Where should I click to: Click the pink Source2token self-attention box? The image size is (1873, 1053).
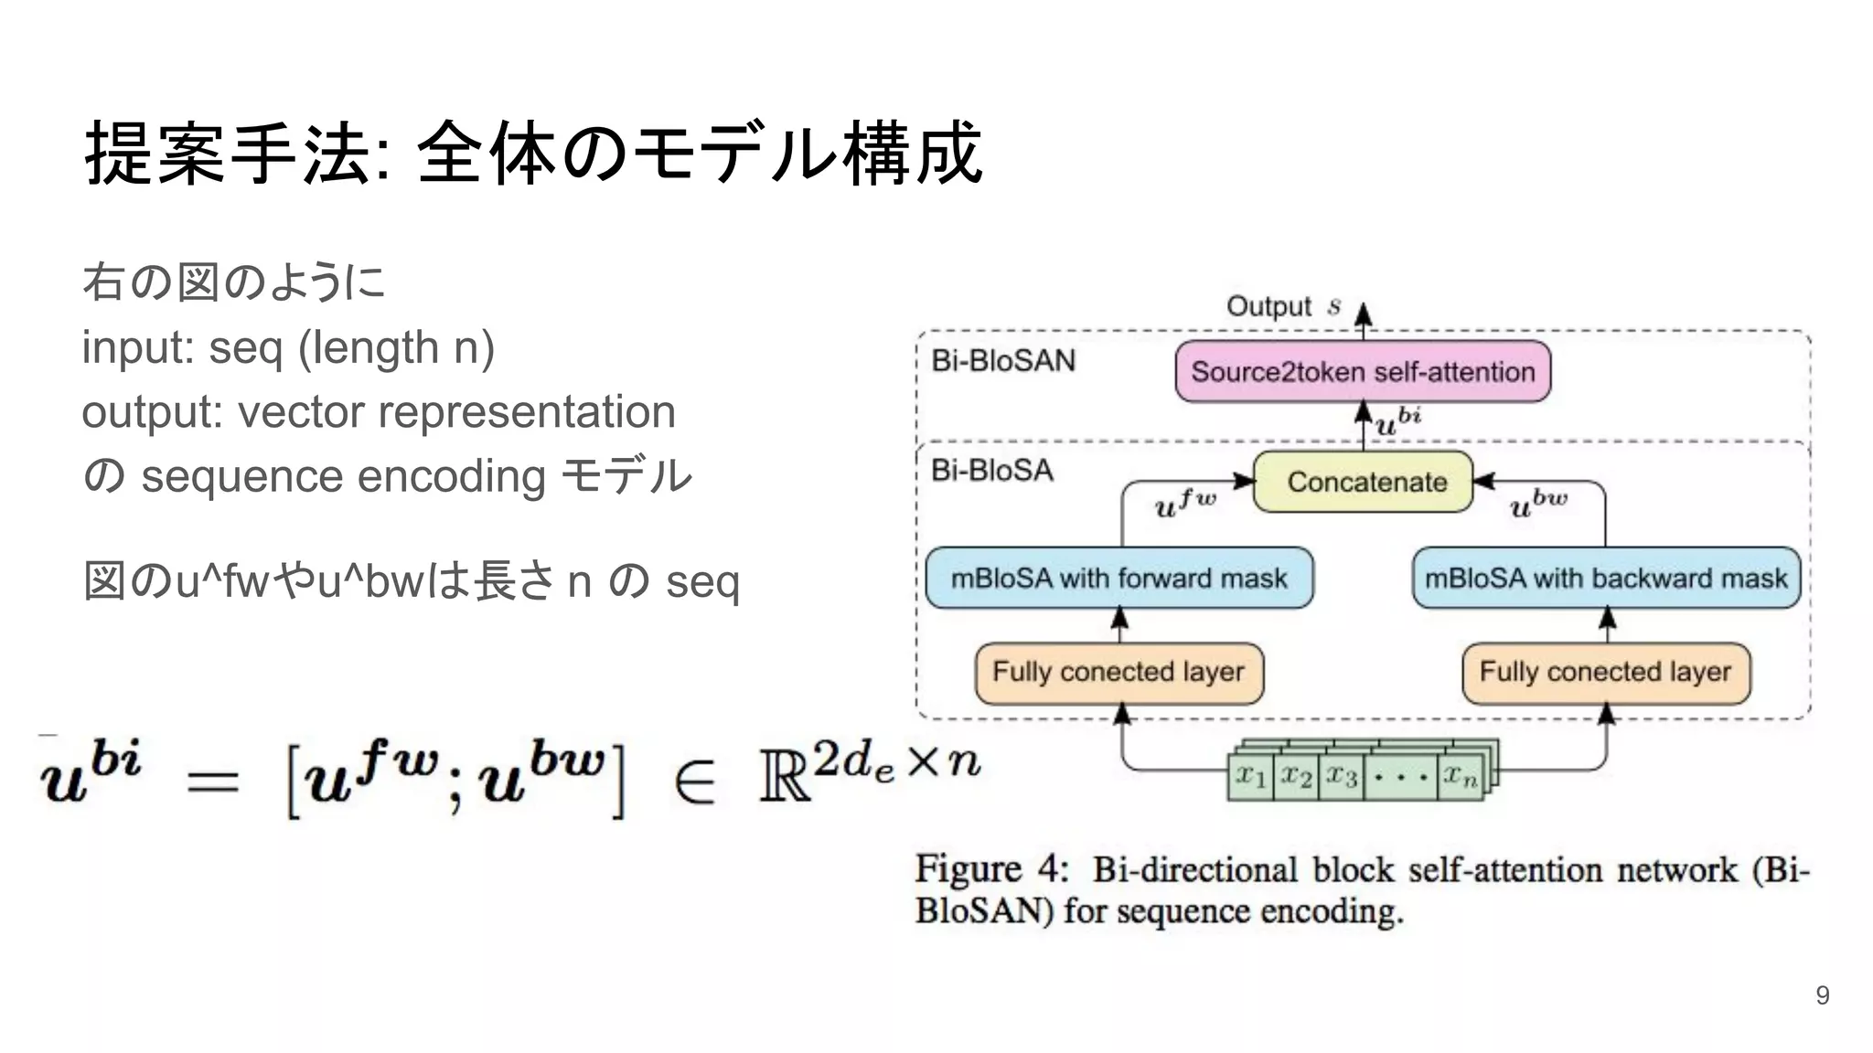click(x=1363, y=372)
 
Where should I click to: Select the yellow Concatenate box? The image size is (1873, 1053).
click(x=1363, y=482)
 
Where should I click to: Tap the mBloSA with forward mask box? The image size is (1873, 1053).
click(x=1118, y=578)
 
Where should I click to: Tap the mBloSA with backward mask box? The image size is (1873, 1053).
click(x=1606, y=578)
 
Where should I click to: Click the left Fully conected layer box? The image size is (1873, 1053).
click(x=1118, y=673)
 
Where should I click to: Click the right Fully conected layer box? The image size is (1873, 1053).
click(x=1606, y=673)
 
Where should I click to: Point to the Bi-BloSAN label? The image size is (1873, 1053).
click(x=1003, y=361)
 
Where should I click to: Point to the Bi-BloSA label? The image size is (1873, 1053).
click(x=992, y=471)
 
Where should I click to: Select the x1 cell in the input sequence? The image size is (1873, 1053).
click(x=1250, y=777)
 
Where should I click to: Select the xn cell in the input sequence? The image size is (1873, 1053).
click(x=1460, y=777)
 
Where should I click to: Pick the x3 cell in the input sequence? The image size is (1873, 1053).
click(x=1342, y=777)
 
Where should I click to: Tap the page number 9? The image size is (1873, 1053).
click(x=1822, y=995)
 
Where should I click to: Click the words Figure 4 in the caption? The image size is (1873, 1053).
click(x=991, y=868)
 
